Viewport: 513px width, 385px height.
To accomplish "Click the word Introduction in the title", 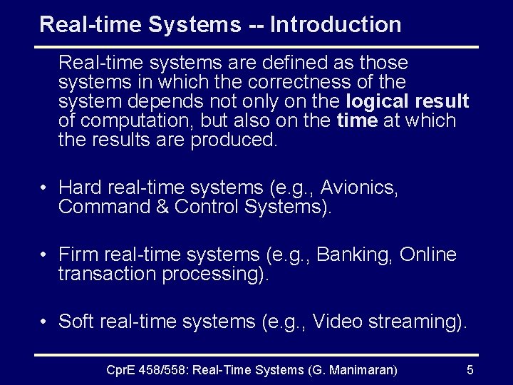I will [336, 25].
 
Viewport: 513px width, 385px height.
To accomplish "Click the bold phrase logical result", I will [407, 101].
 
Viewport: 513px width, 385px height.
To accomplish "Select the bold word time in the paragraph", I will [356, 120].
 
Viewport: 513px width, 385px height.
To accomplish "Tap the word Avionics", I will [359, 188].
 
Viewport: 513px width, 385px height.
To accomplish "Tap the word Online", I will [428, 255].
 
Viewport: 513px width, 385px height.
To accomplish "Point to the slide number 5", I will [470, 369].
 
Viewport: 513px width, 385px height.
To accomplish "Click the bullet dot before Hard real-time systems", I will [44, 189].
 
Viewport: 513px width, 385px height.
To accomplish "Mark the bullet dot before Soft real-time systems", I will [44, 322].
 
